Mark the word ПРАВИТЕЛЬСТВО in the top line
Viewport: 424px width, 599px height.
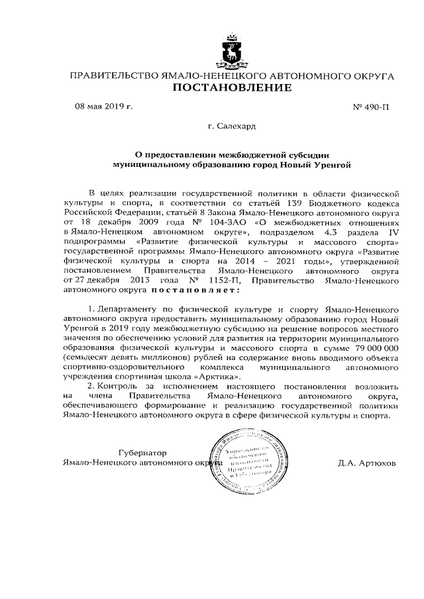tap(115, 77)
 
